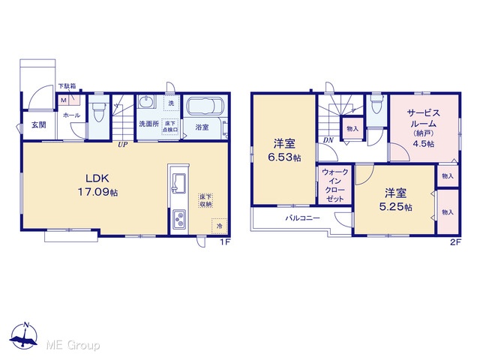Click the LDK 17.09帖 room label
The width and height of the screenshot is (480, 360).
(x=97, y=185)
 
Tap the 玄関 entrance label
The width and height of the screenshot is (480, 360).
(x=39, y=124)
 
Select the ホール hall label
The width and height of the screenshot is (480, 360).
(x=72, y=115)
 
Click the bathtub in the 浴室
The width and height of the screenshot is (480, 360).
(x=205, y=106)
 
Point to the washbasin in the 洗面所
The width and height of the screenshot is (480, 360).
(x=145, y=102)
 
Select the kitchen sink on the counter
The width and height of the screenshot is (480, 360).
(x=178, y=183)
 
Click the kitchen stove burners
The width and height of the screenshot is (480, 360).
(x=178, y=219)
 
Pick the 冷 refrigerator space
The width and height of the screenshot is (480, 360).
(x=219, y=226)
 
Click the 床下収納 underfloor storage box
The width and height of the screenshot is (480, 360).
(x=205, y=200)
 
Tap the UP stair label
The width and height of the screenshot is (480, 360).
(x=123, y=145)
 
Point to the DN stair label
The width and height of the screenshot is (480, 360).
(x=328, y=140)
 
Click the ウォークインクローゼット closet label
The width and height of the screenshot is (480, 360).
(x=335, y=185)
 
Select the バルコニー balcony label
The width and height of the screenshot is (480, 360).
(x=303, y=218)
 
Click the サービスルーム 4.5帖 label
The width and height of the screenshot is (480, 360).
(x=424, y=128)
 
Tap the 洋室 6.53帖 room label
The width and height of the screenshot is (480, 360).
(x=284, y=150)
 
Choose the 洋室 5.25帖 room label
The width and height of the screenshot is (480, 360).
(x=395, y=199)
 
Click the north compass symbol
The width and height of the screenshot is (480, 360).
(x=24, y=336)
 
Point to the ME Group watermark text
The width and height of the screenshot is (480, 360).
(x=73, y=345)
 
